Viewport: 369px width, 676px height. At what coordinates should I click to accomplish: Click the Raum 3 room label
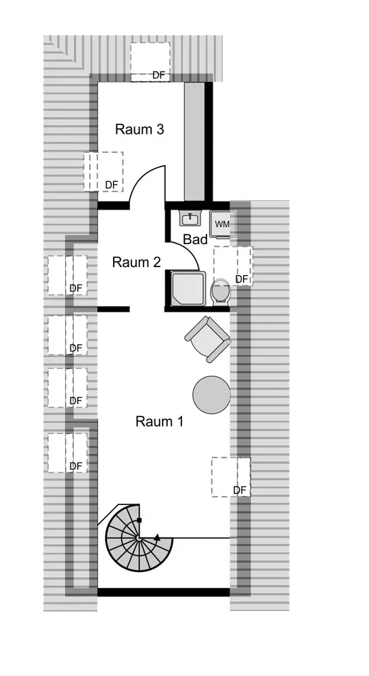click(x=139, y=129)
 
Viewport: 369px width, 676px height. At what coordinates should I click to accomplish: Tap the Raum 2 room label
click(x=136, y=262)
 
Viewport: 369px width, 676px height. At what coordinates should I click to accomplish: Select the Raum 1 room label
click(x=160, y=421)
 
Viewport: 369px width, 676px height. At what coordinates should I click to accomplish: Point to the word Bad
click(x=196, y=239)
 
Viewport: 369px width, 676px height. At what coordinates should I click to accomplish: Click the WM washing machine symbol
click(x=223, y=224)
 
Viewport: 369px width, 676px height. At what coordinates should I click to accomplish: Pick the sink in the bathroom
click(x=190, y=219)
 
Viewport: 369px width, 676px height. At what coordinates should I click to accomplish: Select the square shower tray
click(x=189, y=289)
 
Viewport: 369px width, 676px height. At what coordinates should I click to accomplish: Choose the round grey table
click(x=211, y=395)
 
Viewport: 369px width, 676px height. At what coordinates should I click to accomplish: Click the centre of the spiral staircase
click(x=139, y=537)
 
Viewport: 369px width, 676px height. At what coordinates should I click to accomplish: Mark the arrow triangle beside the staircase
click(x=158, y=537)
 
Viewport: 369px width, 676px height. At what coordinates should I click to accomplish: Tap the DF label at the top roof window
click(x=159, y=75)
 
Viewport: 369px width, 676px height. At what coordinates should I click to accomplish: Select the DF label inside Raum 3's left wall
click(x=112, y=185)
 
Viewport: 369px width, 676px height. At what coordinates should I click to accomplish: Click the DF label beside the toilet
click(x=242, y=279)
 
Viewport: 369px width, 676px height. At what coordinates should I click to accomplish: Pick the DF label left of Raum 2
click(x=76, y=288)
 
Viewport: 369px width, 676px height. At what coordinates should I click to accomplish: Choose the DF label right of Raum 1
click(x=240, y=490)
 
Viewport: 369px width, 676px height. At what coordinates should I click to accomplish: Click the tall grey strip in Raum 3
click(x=194, y=141)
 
